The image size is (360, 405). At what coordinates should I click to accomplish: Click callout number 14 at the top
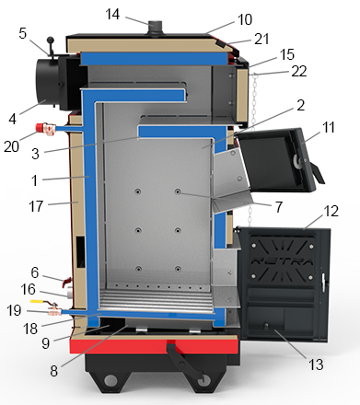[x=112, y=15]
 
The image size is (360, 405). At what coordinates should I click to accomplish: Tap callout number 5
[x=23, y=33]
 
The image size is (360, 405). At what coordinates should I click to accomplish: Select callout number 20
[x=11, y=146]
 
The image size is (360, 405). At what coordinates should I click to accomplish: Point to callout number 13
[x=316, y=364]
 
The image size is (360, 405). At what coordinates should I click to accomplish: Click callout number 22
[x=299, y=71]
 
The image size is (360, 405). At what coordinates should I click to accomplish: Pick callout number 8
[x=53, y=371]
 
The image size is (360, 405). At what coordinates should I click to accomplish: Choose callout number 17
[x=36, y=206]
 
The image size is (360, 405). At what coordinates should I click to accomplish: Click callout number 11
[x=329, y=127]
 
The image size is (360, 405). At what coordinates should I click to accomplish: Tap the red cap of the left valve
[x=41, y=127]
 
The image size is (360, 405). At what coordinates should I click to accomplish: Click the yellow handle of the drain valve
[x=40, y=301]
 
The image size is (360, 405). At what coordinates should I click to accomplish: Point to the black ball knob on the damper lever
[x=50, y=40]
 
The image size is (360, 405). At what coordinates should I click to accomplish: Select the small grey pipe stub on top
[x=156, y=28]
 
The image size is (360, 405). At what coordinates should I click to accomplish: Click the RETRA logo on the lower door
[x=282, y=261]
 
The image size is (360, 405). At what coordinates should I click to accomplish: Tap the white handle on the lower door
[x=323, y=280]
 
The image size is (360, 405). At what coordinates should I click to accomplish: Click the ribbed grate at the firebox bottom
[x=157, y=301]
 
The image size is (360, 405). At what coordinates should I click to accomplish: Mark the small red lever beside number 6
[x=66, y=282]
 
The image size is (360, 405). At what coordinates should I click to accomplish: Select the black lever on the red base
[x=185, y=362]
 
